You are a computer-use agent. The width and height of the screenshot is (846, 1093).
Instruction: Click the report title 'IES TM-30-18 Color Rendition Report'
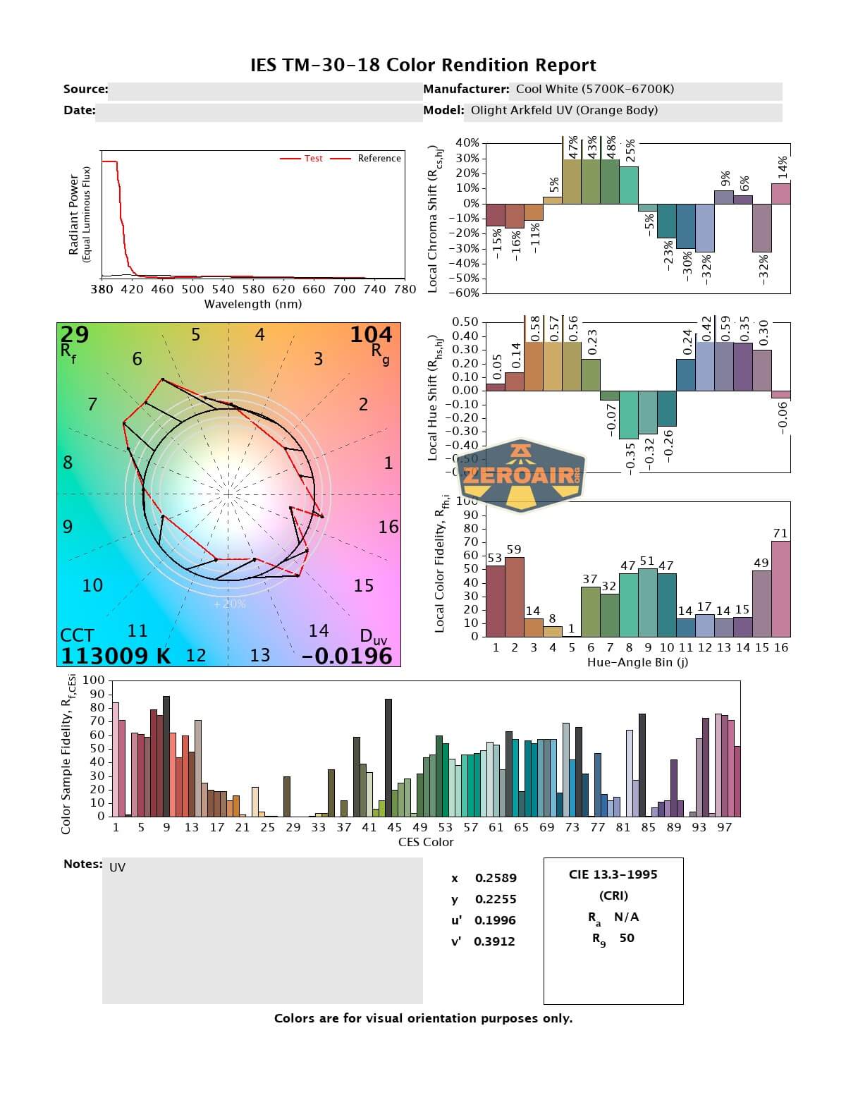[x=423, y=66]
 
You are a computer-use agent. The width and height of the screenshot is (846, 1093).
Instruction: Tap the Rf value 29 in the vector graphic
[x=75, y=334]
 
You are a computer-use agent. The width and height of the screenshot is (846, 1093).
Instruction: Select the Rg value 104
[x=371, y=334]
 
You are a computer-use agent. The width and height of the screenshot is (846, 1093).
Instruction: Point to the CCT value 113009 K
[x=116, y=656]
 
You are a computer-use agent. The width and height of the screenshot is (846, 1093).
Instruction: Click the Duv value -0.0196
[x=347, y=656]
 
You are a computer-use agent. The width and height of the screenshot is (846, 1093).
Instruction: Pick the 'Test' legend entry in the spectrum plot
[x=313, y=159]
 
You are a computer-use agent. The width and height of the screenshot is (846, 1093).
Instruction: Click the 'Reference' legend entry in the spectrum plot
[x=379, y=159]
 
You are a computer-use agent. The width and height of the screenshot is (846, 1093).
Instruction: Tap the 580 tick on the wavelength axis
[x=253, y=288]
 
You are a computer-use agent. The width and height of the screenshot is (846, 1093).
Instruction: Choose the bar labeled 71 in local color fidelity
[x=780, y=589]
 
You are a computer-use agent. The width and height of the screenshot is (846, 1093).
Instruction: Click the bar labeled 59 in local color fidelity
[x=515, y=597]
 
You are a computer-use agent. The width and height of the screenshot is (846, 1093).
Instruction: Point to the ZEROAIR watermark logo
[x=521, y=475]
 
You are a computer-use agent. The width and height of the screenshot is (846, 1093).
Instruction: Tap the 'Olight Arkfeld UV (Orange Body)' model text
[x=564, y=110]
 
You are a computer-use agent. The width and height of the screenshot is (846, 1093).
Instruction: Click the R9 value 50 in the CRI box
[x=627, y=938]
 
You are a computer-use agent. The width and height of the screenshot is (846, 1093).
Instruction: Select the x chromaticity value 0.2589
[x=496, y=878]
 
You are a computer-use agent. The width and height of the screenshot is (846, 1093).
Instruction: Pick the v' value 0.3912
[x=494, y=941]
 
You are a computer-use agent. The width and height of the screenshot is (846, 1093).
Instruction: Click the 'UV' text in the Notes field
[x=118, y=867]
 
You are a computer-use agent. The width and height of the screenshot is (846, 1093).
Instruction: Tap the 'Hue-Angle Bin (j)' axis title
[x=637, y=663]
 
